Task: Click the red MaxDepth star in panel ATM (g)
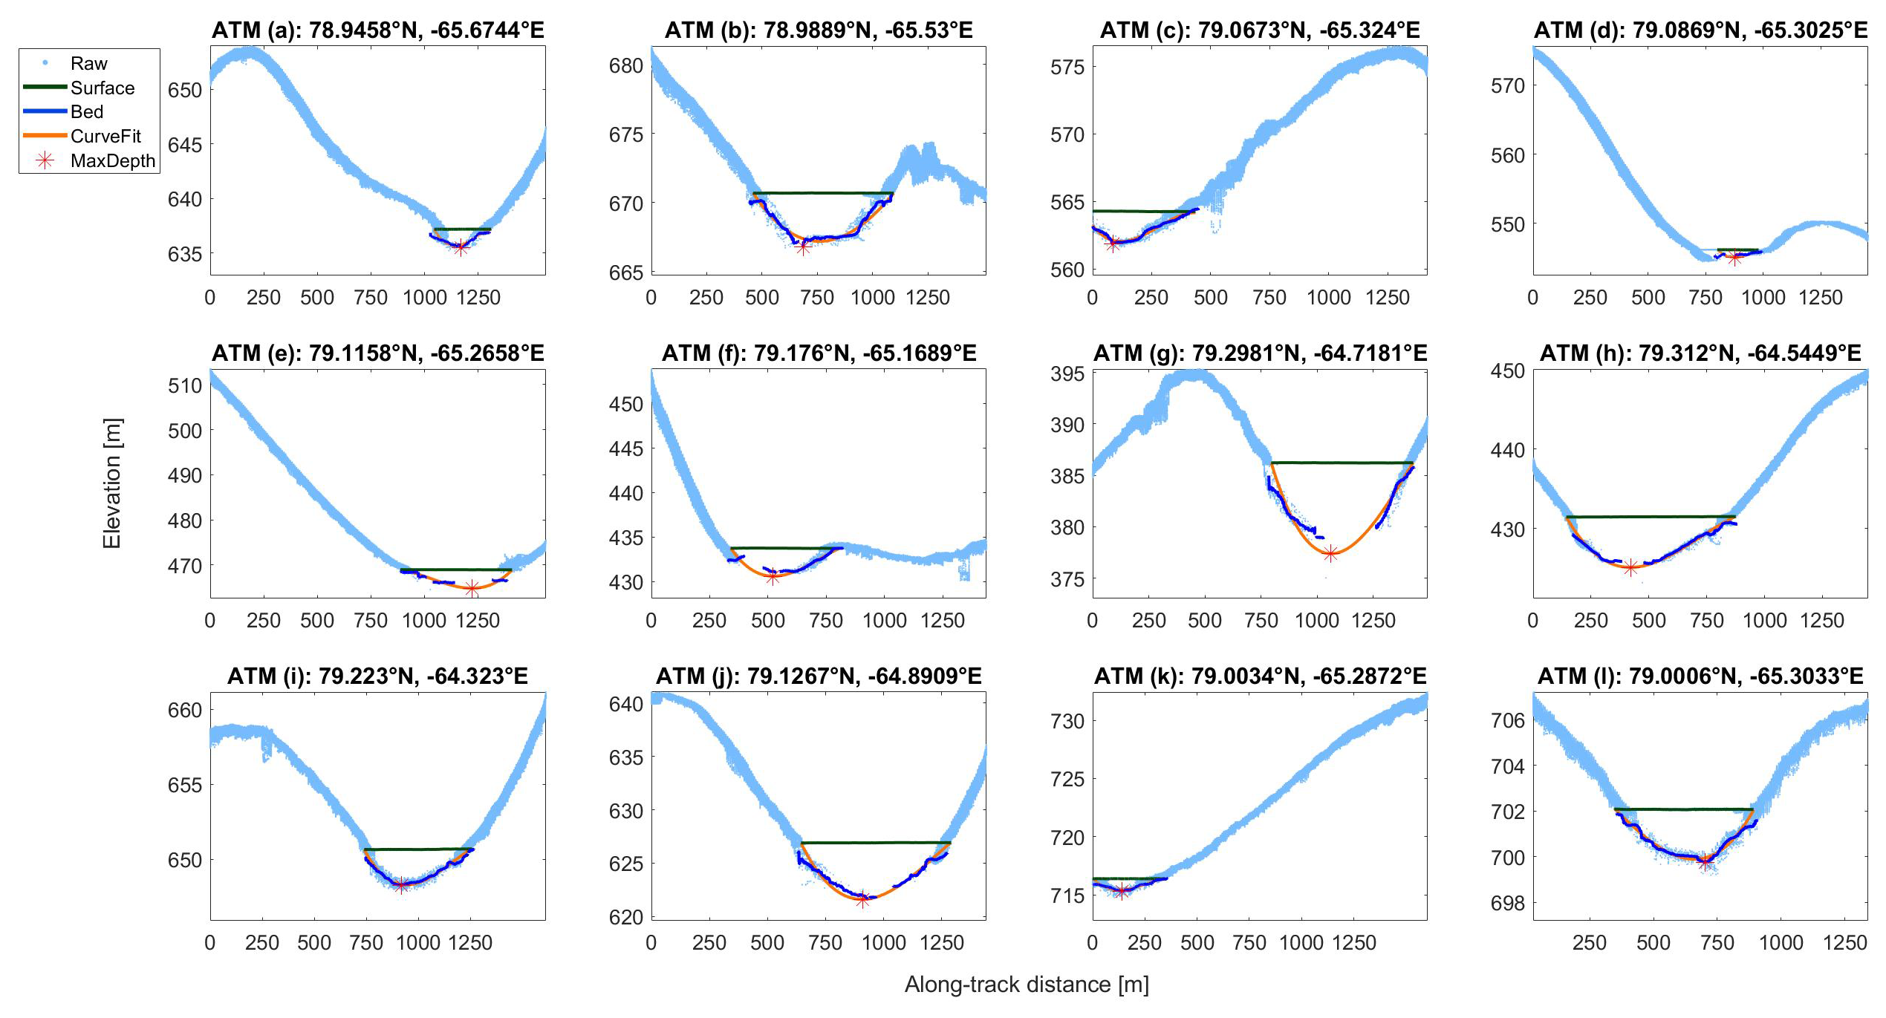(x=1330, y=553)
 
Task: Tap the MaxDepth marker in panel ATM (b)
(x=803, y=248)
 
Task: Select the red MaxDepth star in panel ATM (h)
(x=1630, y=568)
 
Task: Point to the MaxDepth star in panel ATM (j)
(x=862, y=900)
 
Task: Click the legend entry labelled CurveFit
(x=105, y=137)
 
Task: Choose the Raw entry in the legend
(x=88, y=64)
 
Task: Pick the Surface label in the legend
(x=103, y=88)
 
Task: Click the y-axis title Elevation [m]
(x=112, y=483)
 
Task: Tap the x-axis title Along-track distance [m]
(x=1027, y=985)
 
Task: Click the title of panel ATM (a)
(x=378, y=30)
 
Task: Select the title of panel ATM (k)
(x=1260, y=676)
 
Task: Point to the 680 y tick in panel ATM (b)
(x=625, y=66)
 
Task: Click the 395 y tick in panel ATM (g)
(x=1067, y=374)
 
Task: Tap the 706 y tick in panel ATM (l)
(x=1507, y=721)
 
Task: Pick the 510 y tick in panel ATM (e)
(x=185, y=386)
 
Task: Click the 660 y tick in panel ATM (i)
(x=185, y=711)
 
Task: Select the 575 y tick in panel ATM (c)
(x=1067, y=68)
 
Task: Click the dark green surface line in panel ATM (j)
(x=876, y=843)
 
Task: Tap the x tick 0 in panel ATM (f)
(x=651, y=621)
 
